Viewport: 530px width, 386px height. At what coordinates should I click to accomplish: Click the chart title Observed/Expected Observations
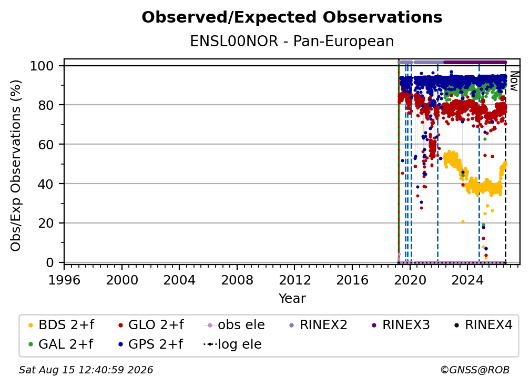click(x=292, y=17)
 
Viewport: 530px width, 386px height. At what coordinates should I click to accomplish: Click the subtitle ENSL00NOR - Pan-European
click(x=292, y=41)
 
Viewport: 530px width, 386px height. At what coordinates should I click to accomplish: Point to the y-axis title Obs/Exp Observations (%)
click(x=16, y=166)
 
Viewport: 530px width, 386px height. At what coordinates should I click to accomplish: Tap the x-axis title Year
click(x=292, y=299)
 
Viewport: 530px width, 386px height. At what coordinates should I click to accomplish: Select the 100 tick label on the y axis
click(x=42, y=66)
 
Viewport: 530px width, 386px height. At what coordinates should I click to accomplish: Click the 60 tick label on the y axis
click(x=46, y=145)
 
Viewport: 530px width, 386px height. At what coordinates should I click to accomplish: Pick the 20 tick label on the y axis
click(x=46, y=224)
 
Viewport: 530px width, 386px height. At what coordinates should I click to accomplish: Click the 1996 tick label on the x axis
click(x=64, y=280)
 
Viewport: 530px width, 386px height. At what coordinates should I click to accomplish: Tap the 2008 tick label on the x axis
click(x=237, y=280)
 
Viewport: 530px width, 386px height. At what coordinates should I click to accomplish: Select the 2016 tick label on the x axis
click(x=352, y=280)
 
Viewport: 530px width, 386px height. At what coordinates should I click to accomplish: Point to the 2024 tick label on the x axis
click(x=467, y=280)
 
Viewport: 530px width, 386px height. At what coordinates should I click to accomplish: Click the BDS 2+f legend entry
click(x=61, y=325)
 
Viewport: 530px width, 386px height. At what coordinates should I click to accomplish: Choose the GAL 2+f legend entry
click(x=60, y=344)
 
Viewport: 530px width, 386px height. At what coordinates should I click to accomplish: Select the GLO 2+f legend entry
click(x=151, y=325)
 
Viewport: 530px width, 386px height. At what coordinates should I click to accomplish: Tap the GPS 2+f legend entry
click(x=150, y=344)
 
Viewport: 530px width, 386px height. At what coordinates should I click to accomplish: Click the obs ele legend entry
click(x=235, y=325)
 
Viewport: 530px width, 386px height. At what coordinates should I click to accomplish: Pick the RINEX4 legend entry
click(x=483, y=325)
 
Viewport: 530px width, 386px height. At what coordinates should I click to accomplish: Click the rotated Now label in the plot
click(x=514, y=81)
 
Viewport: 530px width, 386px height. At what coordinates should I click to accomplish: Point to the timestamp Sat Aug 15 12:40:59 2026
click(x=86, y=370)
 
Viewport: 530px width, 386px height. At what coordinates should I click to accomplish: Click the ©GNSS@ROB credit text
click(x=475, y=370)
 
